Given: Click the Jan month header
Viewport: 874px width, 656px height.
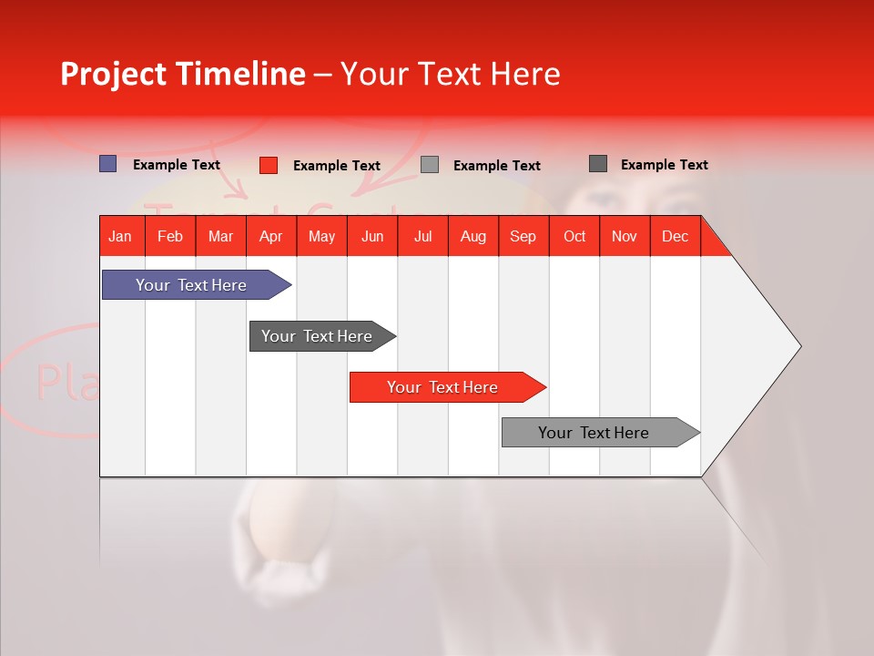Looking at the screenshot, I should (x=120, y=236).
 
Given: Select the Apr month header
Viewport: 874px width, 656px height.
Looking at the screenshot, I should (x=270, y=236).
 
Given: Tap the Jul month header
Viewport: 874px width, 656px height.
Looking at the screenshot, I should (x=422, y=236).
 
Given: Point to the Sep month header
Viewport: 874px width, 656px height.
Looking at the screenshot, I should (x=523, y=236).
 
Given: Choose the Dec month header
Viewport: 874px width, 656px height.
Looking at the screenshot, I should (x=675, y=236).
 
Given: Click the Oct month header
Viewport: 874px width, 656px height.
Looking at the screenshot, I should (x=574, y=236).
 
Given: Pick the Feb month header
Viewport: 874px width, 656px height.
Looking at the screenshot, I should (x=170, y=236).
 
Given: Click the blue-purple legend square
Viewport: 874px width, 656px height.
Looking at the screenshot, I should (x=108, y=164).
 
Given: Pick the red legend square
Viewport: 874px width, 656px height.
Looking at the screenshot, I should (x=269, y=165).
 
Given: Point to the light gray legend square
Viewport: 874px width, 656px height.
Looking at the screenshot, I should (x=430, y=164).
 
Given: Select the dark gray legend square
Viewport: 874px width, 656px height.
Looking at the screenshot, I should (x=598, y=164).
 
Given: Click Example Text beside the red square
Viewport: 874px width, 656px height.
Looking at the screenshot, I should (x=336, y=166).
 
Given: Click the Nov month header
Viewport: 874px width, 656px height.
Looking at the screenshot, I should (x=624, y=236).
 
